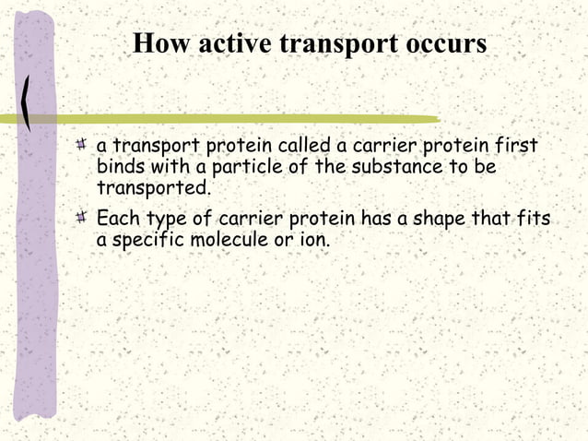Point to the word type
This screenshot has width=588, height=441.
coord(165,220)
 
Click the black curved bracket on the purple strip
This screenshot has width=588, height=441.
coord(28,101)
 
